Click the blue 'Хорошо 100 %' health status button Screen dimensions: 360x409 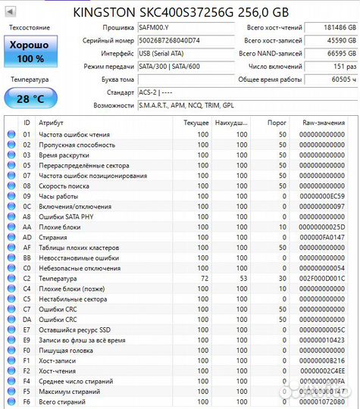tap(30, 52)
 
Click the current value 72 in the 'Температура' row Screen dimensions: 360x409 tap(202, 278)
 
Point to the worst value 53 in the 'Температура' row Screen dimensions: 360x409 tap(241, 278)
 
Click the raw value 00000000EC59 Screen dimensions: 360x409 tap(322, 196)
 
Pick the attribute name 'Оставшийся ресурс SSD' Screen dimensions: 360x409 tap(74, 329)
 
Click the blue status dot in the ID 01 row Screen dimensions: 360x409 tap(11, 134)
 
